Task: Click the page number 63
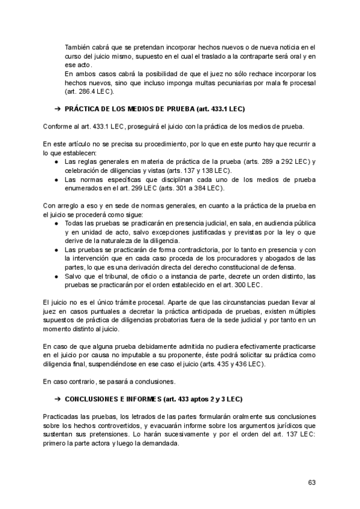tap(311, 482)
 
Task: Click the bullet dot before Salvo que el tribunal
tap(56, 276)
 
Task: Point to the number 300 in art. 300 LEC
tap(236, 285)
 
